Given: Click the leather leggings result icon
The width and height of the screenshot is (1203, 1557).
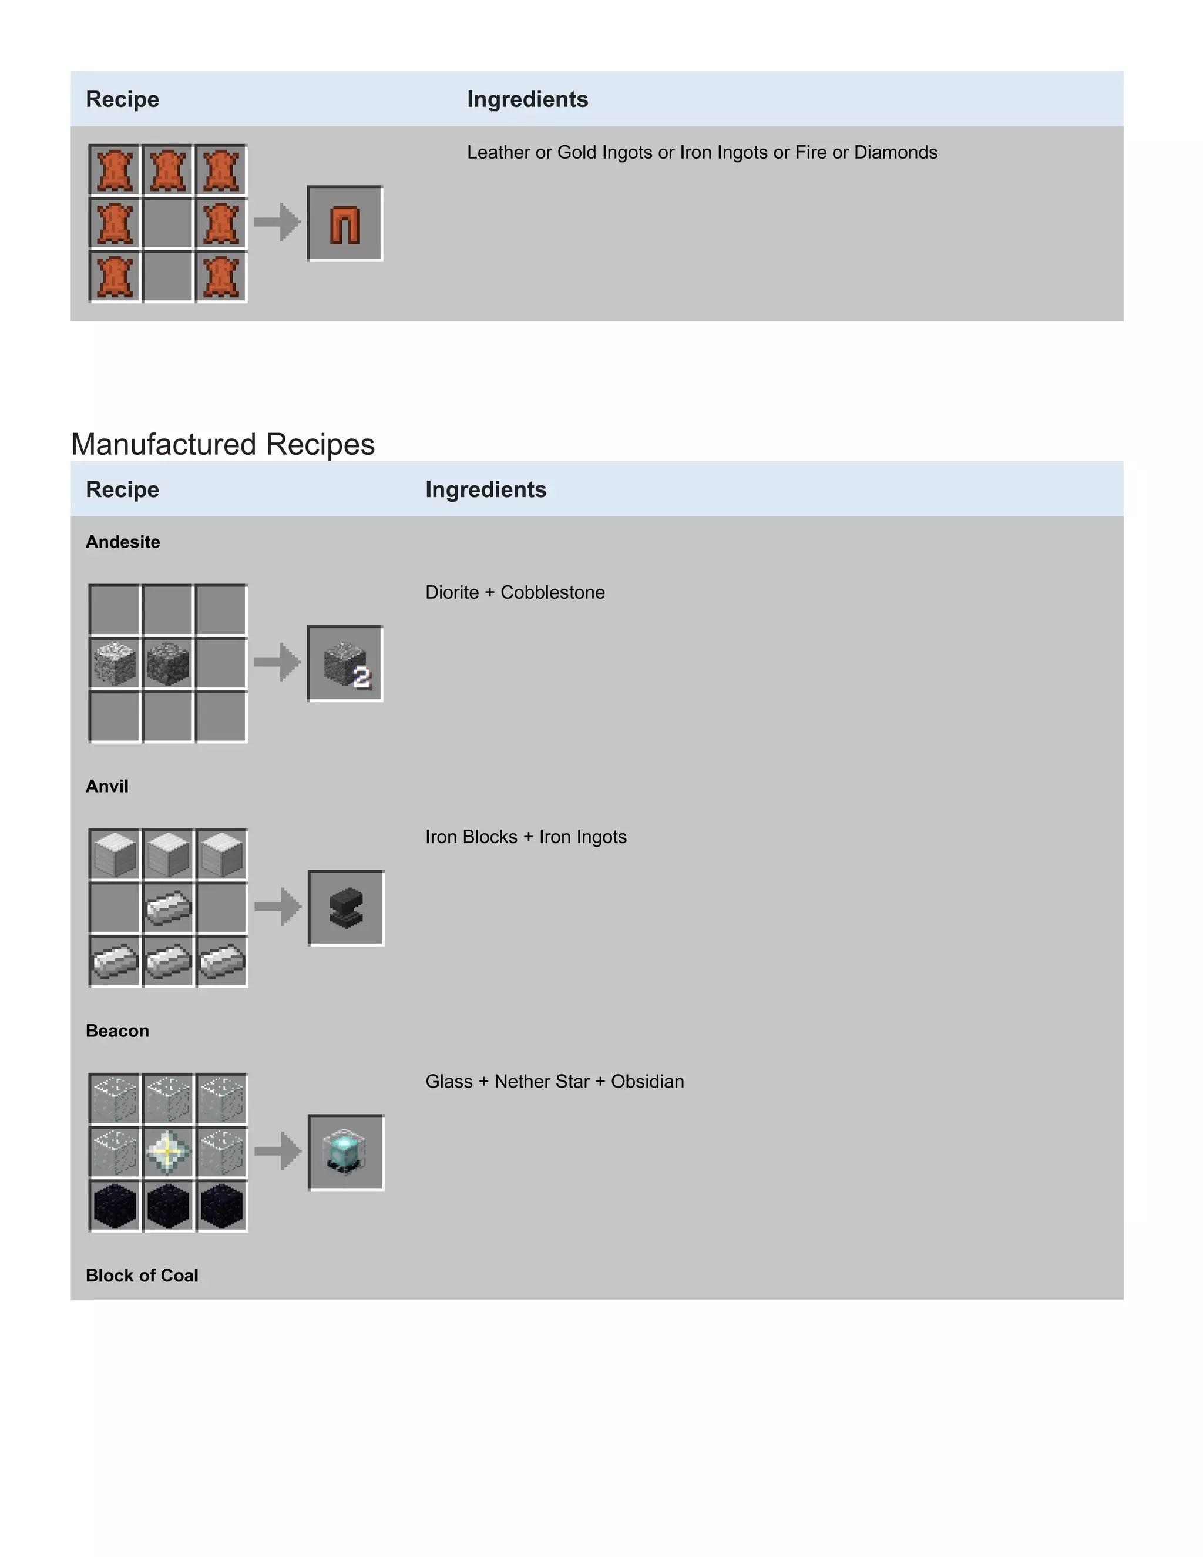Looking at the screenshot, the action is (x=345, y=224).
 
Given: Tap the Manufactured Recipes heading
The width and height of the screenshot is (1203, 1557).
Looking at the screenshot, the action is (x=223, y=444).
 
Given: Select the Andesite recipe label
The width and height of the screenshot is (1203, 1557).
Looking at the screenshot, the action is (x=123, y=542).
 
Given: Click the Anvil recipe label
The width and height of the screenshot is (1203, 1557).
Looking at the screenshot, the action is (x=107, y=786).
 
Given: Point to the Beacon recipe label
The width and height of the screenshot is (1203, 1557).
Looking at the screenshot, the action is (x=117, y=1031).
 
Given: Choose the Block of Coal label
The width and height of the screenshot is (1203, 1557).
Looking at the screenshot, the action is (x=142, y=1276).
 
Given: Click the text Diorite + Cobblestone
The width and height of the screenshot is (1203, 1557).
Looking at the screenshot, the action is (x=515, y=592).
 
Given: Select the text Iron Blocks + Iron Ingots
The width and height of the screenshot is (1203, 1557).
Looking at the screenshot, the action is (x=525, y=837).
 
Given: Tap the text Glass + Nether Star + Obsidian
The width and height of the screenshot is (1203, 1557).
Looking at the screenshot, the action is (x=555, y=1082).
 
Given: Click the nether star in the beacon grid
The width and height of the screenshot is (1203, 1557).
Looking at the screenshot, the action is (x=168, y=1152).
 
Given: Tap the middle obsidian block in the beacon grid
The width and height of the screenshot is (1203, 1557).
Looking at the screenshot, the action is (x=168, y=1206).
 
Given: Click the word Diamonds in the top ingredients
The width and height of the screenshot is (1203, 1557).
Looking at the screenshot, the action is (x=896, y=153).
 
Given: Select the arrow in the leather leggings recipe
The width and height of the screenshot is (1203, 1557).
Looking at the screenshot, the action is (x=277, y=223).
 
